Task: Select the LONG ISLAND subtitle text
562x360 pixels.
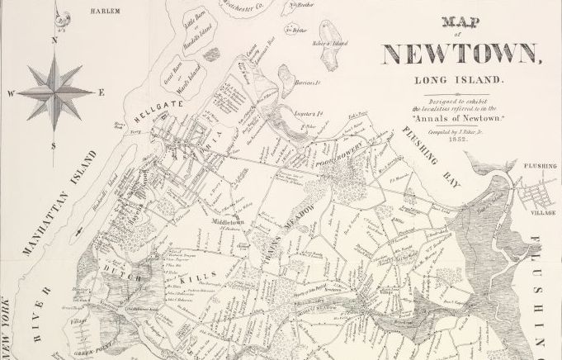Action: coord(460,81)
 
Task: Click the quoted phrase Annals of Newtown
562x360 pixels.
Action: coord(460,118)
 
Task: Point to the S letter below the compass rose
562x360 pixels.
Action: coord(54,146)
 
